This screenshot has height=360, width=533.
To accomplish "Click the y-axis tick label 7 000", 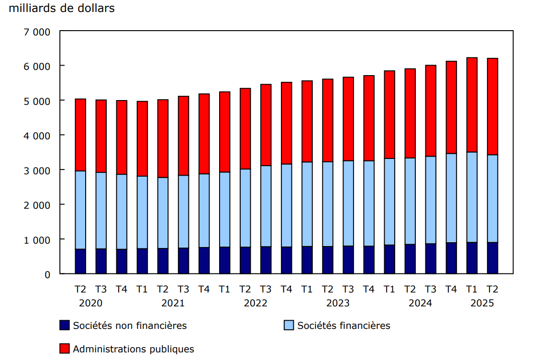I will pos(37,32).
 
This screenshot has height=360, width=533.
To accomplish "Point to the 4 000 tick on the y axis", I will pos(37,135).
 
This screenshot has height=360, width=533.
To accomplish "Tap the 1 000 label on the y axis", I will pos(37,239).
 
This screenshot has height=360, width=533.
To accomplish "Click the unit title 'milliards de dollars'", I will pos(62,9).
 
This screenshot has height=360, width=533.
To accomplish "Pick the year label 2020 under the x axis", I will pos(90,303).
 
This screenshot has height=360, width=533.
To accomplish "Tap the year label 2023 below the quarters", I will pos(338,303).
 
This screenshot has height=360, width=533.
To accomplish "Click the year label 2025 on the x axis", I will pos(482,303).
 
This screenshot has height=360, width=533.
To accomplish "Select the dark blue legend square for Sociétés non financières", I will pos(65,326).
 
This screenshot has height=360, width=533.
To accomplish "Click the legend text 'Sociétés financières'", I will pos(344,326).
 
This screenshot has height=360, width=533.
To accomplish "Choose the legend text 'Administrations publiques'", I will pos(133,349).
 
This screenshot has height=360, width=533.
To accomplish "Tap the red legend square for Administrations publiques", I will pos(65,349).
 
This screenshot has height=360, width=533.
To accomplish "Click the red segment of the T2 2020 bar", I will pos(80,135).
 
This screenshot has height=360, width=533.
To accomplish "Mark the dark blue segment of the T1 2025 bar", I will pos(472,258).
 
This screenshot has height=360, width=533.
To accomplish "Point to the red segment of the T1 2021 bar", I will pos(142,139).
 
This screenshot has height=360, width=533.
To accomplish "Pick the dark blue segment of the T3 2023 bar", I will pos(348,260).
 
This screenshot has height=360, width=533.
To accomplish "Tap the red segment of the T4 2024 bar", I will pos(451,107).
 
